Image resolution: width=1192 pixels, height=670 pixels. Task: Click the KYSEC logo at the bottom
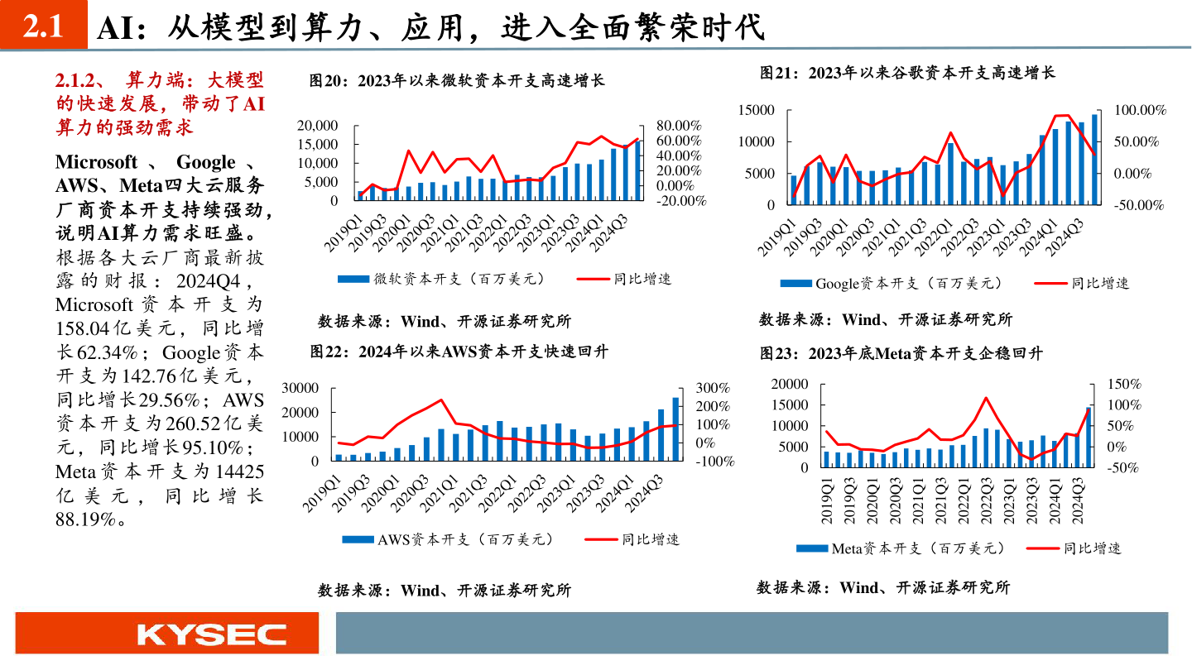point(212,634)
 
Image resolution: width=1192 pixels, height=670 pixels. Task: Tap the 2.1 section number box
point(43,27)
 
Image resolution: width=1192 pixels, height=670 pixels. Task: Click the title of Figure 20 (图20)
point(458,81)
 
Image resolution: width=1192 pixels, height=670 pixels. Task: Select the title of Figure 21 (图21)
point(908,73)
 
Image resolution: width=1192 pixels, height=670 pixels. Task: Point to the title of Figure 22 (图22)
point(459,352)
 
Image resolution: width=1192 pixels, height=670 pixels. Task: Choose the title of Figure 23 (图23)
point(902,353)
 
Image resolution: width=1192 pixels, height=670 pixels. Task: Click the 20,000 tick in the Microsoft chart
point(315,126)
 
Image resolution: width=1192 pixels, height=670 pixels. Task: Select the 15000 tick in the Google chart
point(757,111)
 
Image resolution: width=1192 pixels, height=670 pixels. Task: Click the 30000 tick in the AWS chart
point(301,387)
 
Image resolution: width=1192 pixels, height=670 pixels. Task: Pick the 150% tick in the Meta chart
point(1124,384)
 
